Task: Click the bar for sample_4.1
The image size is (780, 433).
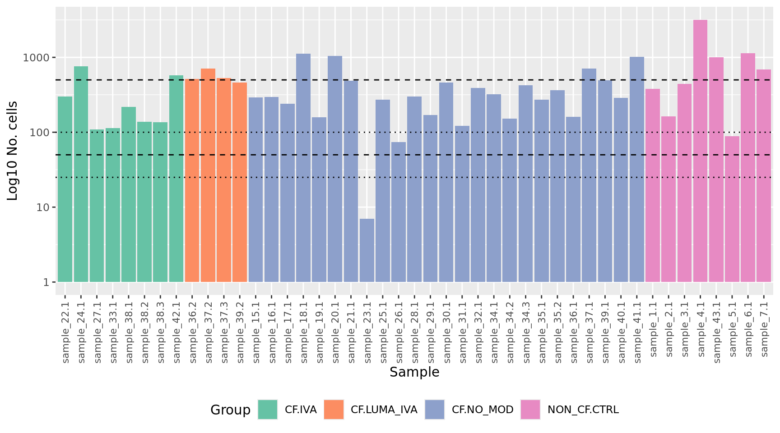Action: pyautogui.click(x=700, y=151)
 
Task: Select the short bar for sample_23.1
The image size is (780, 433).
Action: pyautogui.click(x=367, y=250)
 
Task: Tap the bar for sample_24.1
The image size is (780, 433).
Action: pyautogui.click(x=81, y=174)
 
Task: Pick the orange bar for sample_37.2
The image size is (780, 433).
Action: pyautogui.click(x=208, y=175)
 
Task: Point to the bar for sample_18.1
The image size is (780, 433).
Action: pyautogui.click(x=303, y=168)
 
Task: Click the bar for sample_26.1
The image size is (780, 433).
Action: pyautogui.click(x=399, y=212)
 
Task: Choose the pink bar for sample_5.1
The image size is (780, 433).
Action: pyautogui.click(x=732, y=209)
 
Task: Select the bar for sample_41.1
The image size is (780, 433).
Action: pyautogui.click(x=637, y=170)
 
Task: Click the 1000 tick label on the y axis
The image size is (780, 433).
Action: pyautogui.click(x=37, y=58)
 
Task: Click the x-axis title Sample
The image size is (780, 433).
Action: pyautogui.click(x=414, y=372)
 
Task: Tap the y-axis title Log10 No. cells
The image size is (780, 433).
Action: pyautogui.click(x=13, y=151)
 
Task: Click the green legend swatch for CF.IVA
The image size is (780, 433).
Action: pyautogui.click(x=268, y=410)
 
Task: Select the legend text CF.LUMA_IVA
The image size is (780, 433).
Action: pyautogui.click(x=384, y=410)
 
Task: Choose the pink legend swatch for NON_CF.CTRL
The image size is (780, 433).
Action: pyautogui.click(x=530, y=410)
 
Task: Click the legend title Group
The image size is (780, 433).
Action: pyautogui.click(x=230, y=410)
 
